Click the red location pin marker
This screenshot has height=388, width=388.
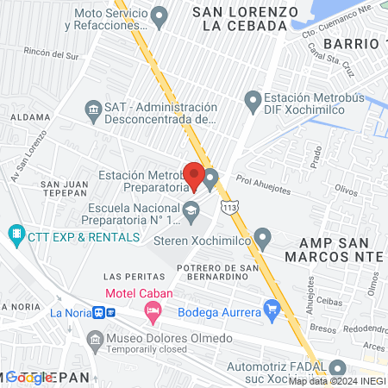pos(194,175)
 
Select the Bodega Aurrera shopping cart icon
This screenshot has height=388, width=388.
pos(272,308)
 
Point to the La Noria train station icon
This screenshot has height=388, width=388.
pos(100,312)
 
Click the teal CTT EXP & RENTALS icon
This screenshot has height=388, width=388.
pos(16,235)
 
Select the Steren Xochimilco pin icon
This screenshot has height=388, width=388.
pos(264,236)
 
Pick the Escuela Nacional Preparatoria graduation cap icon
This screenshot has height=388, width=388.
pos(190,209)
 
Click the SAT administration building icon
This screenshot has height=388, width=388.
pos(93,108)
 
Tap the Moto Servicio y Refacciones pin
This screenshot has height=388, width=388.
pos(159,15)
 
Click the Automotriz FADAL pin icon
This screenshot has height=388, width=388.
pos(338,368)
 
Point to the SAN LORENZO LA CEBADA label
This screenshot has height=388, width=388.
pos(239,19)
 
